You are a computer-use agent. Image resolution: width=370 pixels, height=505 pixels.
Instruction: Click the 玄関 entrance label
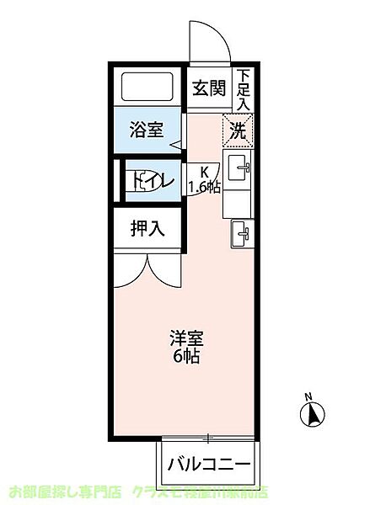(206, 87)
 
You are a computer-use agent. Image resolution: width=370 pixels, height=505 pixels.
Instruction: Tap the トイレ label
(152, 179)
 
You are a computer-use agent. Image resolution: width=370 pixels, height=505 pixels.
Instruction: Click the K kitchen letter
(204, 171)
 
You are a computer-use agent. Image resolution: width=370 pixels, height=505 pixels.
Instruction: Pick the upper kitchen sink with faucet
(239, 169)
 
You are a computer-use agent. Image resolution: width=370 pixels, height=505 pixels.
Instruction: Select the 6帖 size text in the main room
(190, 356)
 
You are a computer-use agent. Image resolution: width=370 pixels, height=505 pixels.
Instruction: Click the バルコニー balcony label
(207, 464)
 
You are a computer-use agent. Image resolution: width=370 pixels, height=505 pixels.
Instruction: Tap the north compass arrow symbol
(311, 415)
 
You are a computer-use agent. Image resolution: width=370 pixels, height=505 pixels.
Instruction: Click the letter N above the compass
(308, 396)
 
